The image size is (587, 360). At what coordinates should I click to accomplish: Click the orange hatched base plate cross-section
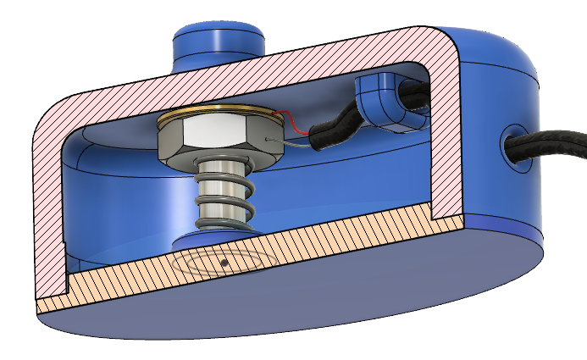pos(254,254)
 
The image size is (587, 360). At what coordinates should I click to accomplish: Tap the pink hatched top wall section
pos(254,72)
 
